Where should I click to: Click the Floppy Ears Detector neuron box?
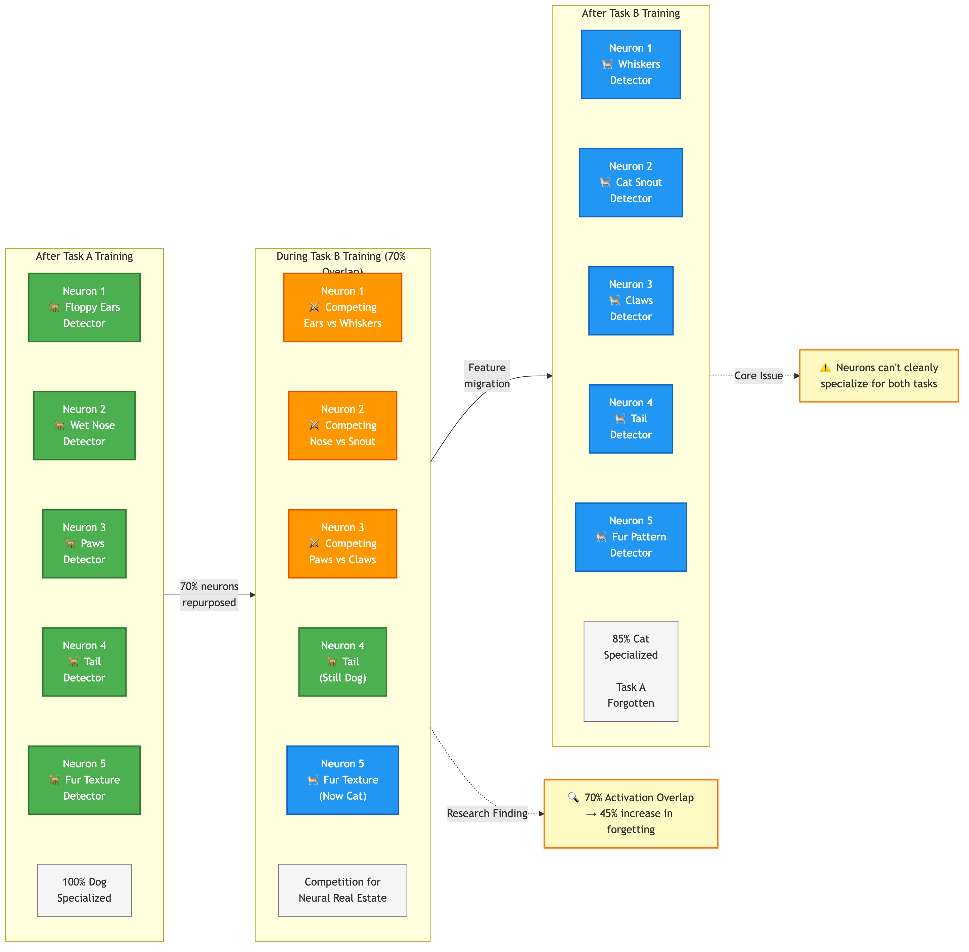[84, 307]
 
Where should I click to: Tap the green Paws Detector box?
[84, 543]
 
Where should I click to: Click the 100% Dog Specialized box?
[84, 890]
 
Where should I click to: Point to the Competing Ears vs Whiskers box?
[342, 307]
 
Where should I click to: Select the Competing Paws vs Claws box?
[342, 543]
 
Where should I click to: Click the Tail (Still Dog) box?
[342, 662]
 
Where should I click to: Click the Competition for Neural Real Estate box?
[342, 890]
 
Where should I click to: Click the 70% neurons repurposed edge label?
[209, 594]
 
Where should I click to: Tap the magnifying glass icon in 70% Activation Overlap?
[573, 797]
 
